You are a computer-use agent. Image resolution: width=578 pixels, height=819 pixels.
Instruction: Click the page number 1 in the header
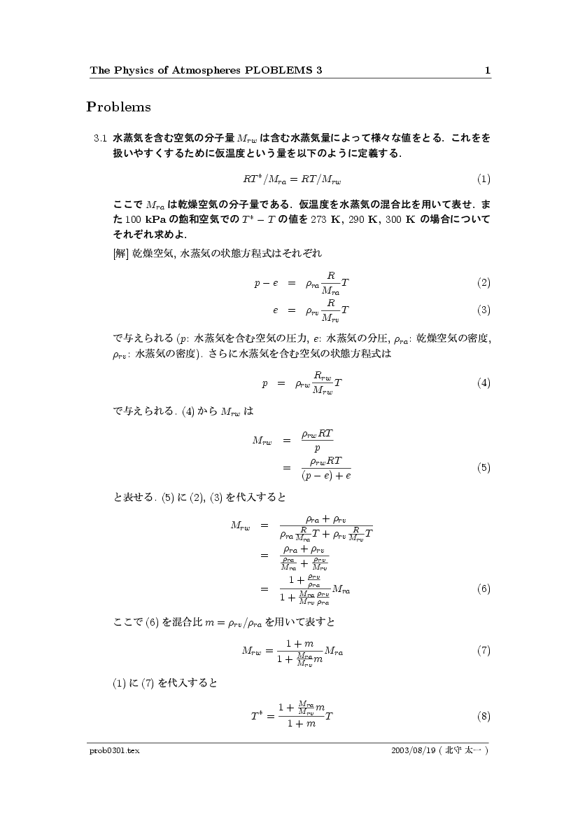(487, 70)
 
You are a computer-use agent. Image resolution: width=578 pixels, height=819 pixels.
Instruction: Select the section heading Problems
(118, 107)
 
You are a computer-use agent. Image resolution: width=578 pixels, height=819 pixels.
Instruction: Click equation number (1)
(484, 179)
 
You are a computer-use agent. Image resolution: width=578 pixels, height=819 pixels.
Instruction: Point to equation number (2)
(484, 283)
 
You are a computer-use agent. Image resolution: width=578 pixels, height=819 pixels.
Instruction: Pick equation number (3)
(484, 310)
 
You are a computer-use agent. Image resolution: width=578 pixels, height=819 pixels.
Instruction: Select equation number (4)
(484, 383)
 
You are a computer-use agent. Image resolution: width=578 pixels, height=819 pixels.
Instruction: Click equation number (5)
(484, 468)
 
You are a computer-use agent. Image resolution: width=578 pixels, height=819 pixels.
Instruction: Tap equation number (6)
(484, 589)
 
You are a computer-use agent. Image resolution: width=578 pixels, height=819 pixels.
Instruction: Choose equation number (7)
(484, 651)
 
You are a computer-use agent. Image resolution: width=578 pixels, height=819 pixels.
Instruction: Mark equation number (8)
(484, 716)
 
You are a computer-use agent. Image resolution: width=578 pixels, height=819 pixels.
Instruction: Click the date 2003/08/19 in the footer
(414, 750)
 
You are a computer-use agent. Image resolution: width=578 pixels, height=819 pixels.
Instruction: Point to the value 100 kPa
(144, 220)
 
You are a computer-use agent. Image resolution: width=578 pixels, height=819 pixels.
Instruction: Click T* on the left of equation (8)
(257, 717)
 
